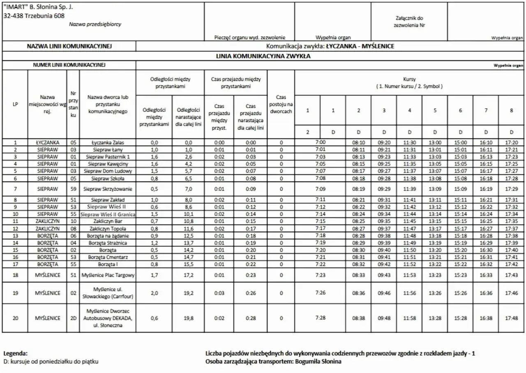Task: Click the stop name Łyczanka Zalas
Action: click(x=107, y=143)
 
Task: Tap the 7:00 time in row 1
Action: click(x=320, y=143)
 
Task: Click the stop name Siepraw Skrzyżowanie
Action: click(x=107, y=189)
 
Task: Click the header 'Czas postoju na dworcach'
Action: click(x=281, y=104)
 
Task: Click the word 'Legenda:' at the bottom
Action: click(x=15, y=353)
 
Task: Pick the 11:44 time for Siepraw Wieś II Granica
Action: click(x=409, y=214)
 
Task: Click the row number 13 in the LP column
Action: click(x=15, y=236)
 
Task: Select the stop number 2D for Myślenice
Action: click(x=73, y=318)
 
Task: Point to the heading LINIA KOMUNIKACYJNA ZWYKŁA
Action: click(x=263, y=56)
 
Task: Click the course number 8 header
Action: click(x=511, y=110)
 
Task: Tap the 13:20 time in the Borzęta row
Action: click(x=435, y=250)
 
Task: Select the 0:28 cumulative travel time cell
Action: click(x=251, y=318)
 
